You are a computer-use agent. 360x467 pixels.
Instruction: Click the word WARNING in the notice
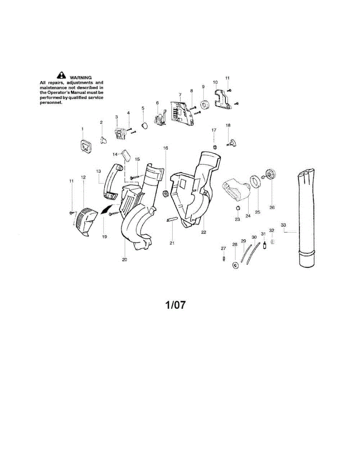pos(81,77)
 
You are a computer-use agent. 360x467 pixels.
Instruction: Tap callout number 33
pos(283,225)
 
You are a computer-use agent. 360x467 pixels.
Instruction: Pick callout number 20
pos(125,260)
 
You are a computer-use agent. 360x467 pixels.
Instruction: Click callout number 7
pos(180,95)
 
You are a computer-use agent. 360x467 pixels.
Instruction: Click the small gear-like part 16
pos(165,192)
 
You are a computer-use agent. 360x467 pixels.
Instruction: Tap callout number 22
pos(204,232)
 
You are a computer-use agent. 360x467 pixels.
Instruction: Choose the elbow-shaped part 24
pos(236,190)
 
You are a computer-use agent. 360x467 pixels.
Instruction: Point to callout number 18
pos(228,125)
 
